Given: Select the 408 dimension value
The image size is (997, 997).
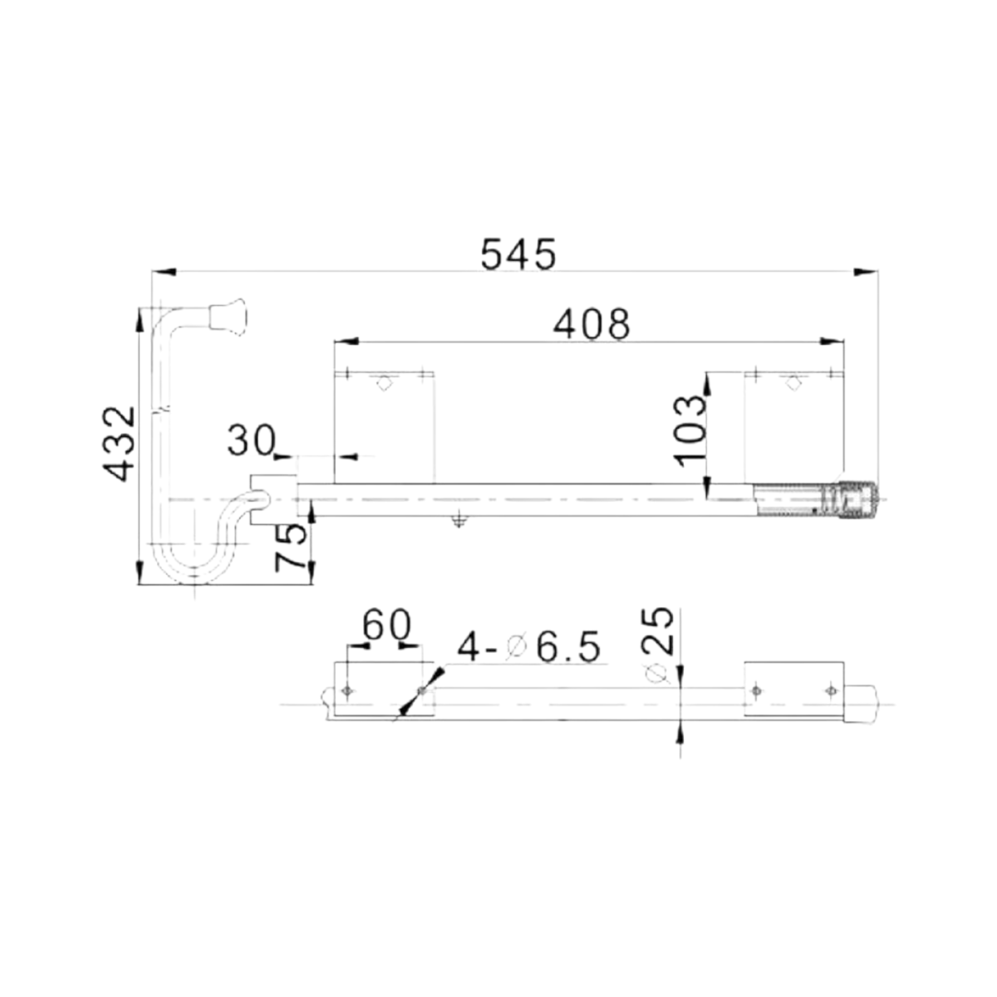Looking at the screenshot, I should click(x=592, y=324).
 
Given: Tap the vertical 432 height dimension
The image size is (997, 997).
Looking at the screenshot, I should click(x=119, y=444).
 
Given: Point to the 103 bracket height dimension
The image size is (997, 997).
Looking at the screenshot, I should click(x=689, y=430).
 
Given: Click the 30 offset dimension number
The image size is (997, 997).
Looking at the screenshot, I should click(x=250, y=440).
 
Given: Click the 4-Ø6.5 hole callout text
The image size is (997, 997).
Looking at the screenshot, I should click(x=528, y=647).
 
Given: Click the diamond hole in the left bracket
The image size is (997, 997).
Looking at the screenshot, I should click(x=383, y=383).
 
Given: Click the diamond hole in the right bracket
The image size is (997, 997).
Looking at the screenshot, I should click(x=793, y=383).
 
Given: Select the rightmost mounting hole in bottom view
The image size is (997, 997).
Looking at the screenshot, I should click(x=828, y=690).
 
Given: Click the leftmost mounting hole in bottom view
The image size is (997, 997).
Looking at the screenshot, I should click(x=346, y=690).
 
